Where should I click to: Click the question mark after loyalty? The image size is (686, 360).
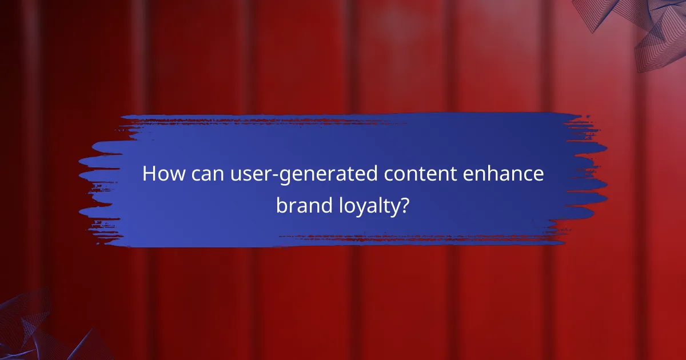coord(404,204)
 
